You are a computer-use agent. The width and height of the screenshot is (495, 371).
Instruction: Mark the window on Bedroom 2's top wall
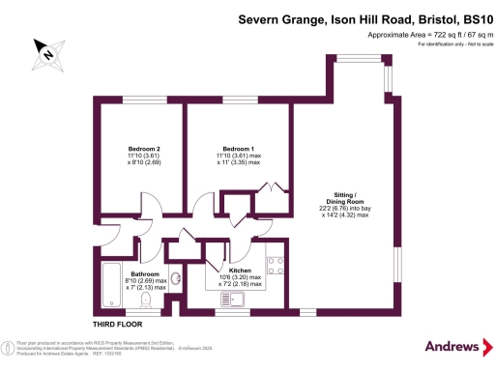click(x=136, y=100)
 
